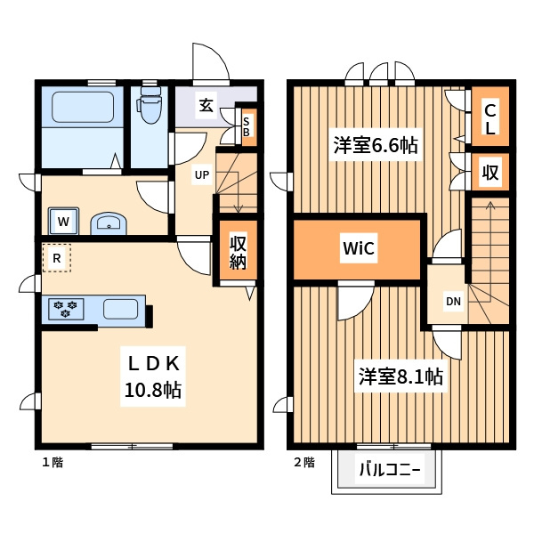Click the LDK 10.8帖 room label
coord(153,376)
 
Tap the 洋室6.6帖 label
coord(376,145)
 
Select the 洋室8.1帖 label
coord(400,376)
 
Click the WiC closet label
coord(359,248)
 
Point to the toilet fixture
coord(150,104)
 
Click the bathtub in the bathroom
coord(83,107)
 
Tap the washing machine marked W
coord(63,221)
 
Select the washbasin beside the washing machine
coord(109,223)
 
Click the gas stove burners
coord(65,309)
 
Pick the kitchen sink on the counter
coord(120,309)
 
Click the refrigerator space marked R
coord(57,258)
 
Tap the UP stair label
coord(202,174)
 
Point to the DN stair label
coord(453,302)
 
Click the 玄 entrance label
coord(206,105)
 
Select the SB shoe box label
coord(247,126)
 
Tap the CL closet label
coord(490,119)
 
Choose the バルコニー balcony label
coord(390,470)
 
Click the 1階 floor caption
coord(53,462)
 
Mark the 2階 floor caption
coord(304,462)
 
